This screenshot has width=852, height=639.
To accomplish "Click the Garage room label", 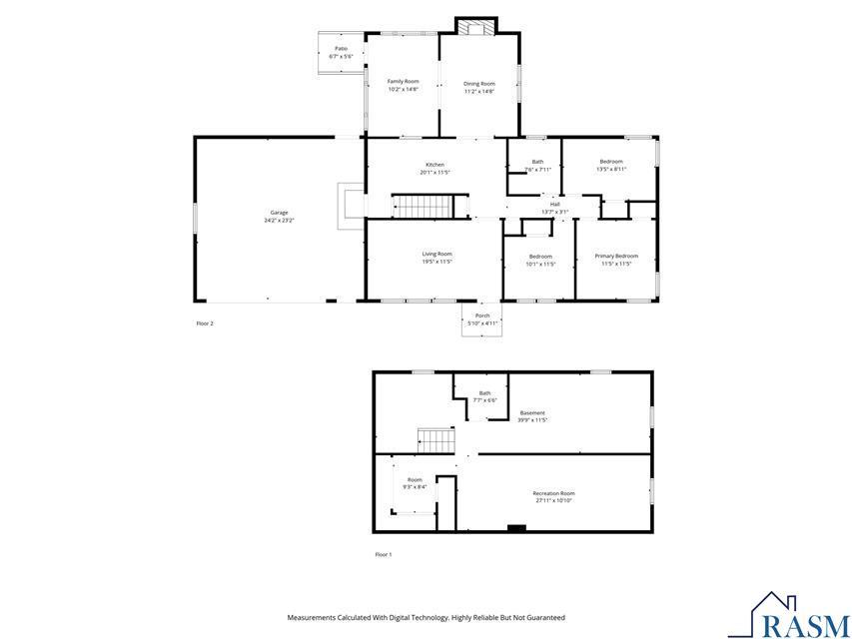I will [x=279, y=212].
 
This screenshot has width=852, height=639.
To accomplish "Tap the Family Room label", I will [x=403, y=81].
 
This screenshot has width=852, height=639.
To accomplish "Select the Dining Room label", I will [x=479, y=84].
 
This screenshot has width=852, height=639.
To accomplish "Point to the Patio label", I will [x=341, y=48].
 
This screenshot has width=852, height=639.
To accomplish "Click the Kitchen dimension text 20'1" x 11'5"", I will [x=434, y=173].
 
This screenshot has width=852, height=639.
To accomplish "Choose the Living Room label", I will [x=436, y=254].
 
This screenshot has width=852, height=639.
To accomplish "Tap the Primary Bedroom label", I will [x=616, y=256].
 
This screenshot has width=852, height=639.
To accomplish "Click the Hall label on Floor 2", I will [x=554, y=204].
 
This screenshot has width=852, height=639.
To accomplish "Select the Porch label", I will [x=482, y=316].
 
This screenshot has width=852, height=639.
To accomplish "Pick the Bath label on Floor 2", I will [x=537, y=162].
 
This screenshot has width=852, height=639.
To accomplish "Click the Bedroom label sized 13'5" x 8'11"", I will [x=610, y=162].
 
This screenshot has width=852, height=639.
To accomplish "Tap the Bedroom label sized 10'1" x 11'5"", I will [x=540, y=257].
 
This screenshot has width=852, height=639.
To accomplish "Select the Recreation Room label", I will [x=553, y=493].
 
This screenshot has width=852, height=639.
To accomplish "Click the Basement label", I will [x=532, y=412].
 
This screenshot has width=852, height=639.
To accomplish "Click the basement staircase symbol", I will [x=435, y=439].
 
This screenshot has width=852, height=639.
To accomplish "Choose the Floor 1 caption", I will [x=384, y=554].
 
